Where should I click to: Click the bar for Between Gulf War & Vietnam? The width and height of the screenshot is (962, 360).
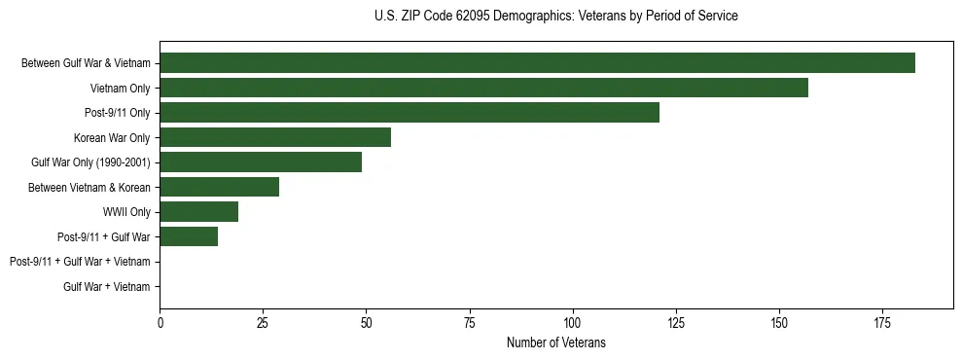pos(537,63)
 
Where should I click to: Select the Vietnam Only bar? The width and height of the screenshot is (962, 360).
pos(483,88)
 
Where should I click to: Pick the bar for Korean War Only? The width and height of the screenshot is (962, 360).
pos(275,137)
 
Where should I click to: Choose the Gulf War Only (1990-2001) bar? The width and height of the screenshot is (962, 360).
pos(261,162)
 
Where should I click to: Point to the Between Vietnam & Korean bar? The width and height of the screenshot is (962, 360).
pos(220,187)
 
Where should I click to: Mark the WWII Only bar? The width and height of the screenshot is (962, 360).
pos(199,212)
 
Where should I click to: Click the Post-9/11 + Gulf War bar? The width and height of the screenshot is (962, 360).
pos(189,236)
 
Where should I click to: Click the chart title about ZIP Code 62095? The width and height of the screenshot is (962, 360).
pos(555,17)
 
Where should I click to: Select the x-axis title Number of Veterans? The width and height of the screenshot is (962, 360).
pos(555,342)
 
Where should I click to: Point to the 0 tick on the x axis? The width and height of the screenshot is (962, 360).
pos(160,322)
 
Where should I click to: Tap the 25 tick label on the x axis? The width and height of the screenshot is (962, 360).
pos(263,322)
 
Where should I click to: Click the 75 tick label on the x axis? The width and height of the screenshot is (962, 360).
pos(469,322)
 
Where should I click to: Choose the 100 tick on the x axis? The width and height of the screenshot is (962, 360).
pos(572,322)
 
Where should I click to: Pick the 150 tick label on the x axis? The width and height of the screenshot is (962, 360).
pos(778,322)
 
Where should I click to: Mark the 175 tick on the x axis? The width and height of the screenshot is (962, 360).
pos(881,322)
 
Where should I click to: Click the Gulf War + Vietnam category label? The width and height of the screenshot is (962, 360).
pos(107,287)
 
